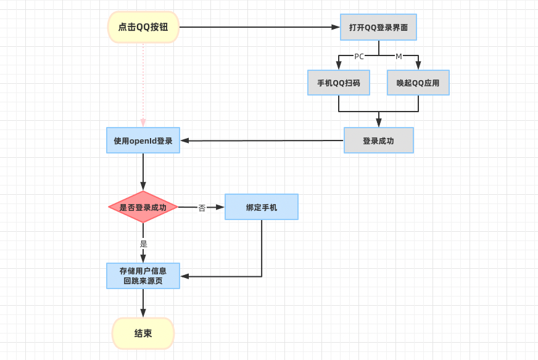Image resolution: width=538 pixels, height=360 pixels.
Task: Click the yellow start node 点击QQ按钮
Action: (x=143, y=27)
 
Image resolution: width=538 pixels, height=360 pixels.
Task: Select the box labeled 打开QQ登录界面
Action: (x=378, y=27)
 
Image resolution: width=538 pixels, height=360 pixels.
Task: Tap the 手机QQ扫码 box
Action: (x=339, y=83)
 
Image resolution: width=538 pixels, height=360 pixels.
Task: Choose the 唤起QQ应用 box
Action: (x=418, y=83)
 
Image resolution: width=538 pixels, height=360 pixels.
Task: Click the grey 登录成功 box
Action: (x=378, y=141)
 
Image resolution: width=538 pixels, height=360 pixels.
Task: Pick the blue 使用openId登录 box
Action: (x=143, y=141)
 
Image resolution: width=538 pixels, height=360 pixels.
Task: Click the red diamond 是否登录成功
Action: (x=143, y=207)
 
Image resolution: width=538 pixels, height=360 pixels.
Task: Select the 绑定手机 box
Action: (x=262, y=207)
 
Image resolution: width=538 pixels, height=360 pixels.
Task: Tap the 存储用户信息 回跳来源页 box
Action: (x=143, y=276)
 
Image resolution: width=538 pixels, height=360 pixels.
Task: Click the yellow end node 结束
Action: (x=143, y=333)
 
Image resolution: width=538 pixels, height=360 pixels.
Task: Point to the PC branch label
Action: (x=359, y=56)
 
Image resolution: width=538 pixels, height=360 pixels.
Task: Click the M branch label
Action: (x=399, y=56)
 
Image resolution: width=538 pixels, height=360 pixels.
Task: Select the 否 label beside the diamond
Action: (x=202, y=208)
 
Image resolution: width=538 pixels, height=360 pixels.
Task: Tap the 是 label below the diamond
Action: (x=144, y=243)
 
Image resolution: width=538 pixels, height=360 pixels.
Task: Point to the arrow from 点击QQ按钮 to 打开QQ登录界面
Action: (x=259, y=27)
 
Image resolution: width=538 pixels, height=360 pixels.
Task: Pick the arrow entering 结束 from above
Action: (x=143, y=303)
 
